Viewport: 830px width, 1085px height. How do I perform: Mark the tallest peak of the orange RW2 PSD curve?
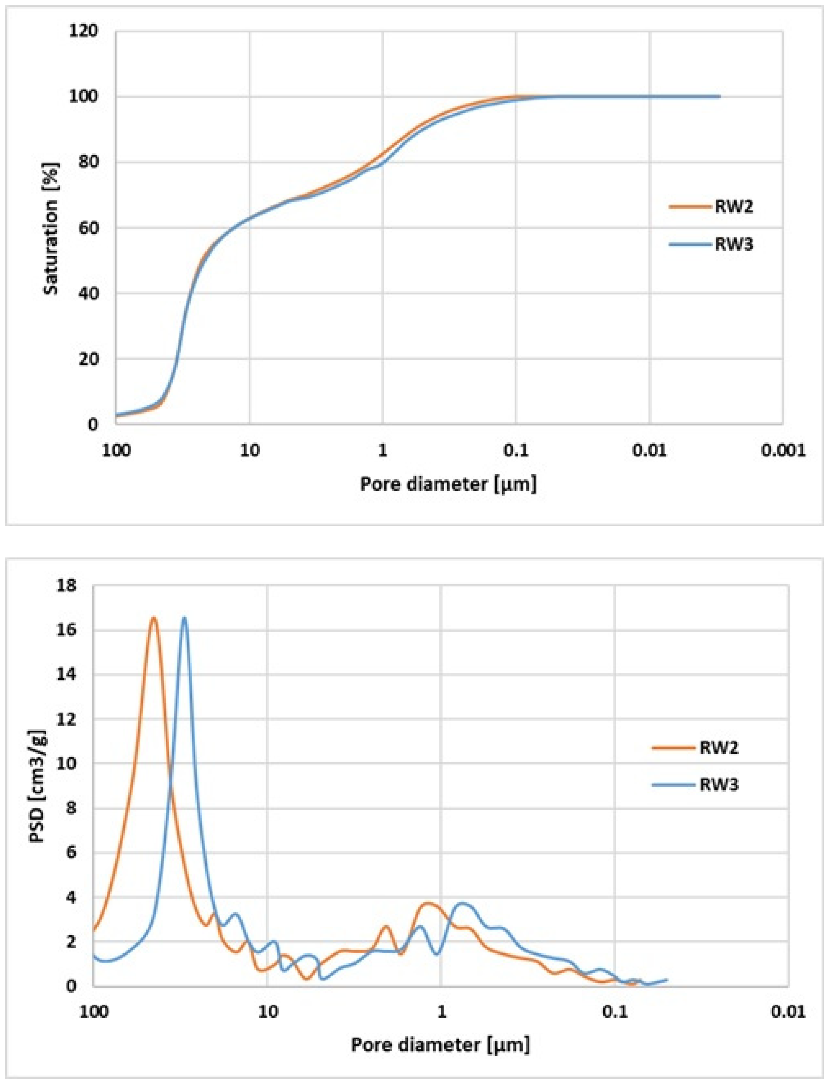[154, 618]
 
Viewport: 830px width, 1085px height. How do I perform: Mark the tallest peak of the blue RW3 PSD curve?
[185, 618]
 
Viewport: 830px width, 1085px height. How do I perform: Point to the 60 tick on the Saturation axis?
[88, 228]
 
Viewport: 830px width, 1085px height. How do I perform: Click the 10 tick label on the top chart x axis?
[250, 450]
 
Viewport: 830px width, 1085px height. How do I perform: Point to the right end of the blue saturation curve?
[719, 96]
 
